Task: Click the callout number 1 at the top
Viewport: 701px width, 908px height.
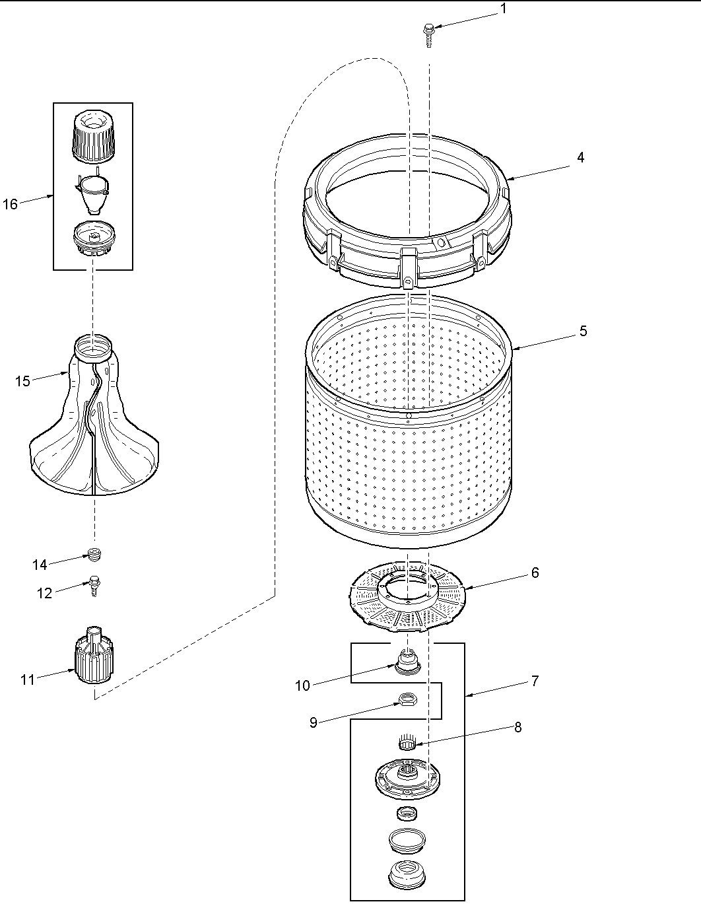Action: pos(504,9)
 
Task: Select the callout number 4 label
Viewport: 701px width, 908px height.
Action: pos(580,157)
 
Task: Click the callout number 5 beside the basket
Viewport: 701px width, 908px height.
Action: pos(584,331)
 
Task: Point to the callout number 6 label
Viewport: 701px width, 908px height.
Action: pos(535,573)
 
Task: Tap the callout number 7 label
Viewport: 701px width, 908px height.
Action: pos(535,681)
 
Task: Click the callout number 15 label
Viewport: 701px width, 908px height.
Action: pos(23,381)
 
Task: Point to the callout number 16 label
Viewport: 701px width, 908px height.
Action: pos(11,204)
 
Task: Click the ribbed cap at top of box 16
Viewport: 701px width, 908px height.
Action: pos(92,137)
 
